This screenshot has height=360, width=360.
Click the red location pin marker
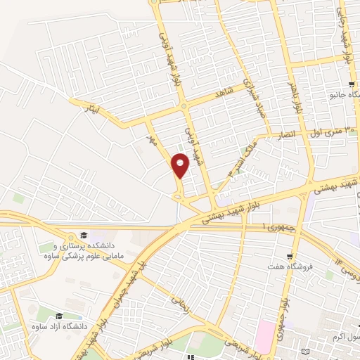pos(181,165)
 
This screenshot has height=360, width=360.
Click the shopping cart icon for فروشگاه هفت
pos(288,256)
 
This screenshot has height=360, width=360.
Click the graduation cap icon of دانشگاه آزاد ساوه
pos(59,316)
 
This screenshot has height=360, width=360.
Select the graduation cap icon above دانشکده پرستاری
pos(84,235)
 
